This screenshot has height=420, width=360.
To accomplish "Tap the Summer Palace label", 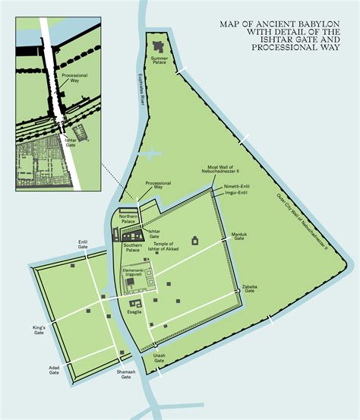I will click(x=159, y=60).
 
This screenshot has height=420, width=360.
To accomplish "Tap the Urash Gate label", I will click(x=159, y=358).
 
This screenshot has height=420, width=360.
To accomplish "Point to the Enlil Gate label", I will click(x=83, y=245).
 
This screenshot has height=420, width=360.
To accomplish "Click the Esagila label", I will click(x=134, y=311).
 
